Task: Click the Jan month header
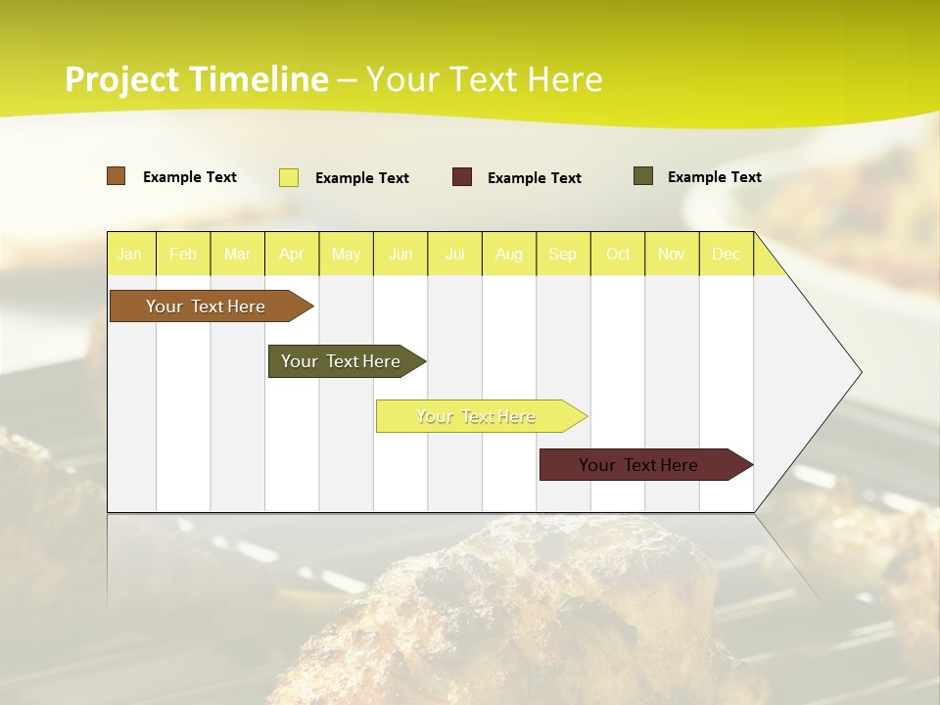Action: pos(129,254)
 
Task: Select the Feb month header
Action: pos(183,254)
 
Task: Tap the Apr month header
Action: pos(292,254)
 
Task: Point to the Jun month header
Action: pos(400,254)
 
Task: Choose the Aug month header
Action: pos(509,254)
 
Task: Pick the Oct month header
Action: pos(618,254)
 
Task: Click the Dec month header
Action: pos(727,254)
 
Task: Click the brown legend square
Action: pos(116,176)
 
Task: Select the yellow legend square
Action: pos(289,177)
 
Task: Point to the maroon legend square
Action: pos(462,176)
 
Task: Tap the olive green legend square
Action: pos(643,176)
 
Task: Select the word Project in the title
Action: pos(122,79)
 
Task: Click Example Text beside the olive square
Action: pos(714,177)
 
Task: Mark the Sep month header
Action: pos(563,254)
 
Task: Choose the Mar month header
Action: pos(237,254)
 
